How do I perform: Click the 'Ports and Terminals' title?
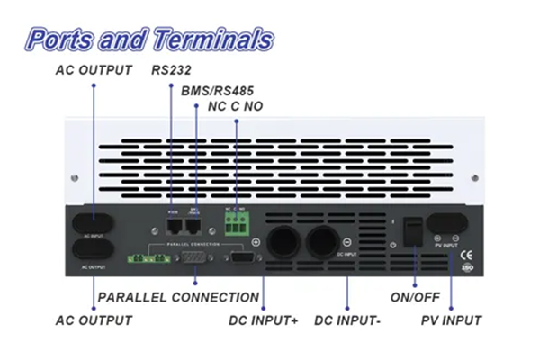click(148, 40)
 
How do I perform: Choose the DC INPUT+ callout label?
click(262, 320)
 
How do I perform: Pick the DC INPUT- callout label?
click(348, 320)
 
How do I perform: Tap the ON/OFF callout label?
click(415, 297)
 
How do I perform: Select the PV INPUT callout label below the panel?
click(451, 320)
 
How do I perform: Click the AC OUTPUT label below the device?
click(94, 320)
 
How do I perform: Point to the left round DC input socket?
click(281, 238)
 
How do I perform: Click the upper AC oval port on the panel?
click(94, 224)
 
